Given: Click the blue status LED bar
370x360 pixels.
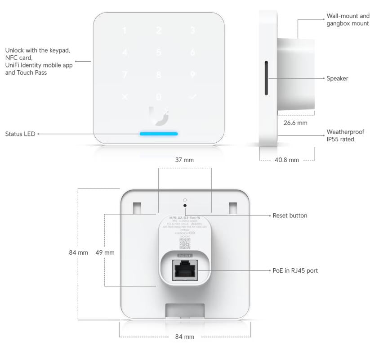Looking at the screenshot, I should point(159,134).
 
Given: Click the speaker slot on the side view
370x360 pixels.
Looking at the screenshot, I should point(266,78).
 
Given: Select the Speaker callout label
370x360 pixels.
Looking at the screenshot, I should point(338,78).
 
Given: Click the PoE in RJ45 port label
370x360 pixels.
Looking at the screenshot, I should point(296,270).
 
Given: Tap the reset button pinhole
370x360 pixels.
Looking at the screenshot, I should point(185,206).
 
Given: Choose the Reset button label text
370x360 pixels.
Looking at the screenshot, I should point(290,216).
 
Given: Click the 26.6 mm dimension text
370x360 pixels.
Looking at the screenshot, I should point(294,122).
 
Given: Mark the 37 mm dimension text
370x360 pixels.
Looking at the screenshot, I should point(185,160).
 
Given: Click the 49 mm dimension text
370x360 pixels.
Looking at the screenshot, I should point(105,252).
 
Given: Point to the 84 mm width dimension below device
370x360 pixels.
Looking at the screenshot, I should point(185,337).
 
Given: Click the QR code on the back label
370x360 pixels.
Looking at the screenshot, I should point(185,243).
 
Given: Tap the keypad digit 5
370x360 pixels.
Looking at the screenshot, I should point(158,53).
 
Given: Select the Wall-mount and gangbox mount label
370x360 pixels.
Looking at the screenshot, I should point(347,20).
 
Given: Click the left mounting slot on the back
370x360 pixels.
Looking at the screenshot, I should point(137,208).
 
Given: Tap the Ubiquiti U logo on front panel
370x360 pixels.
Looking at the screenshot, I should point(158,114).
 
